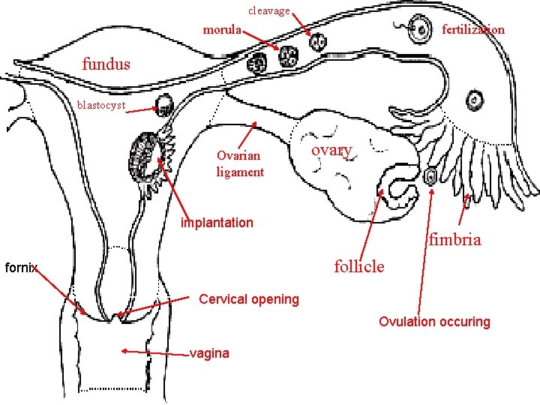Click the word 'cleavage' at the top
(268, 10)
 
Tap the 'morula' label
(222, 31)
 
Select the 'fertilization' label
(473, 30)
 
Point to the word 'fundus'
(106, 64)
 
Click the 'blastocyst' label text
(100, 105)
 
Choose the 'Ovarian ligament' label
(239, 163)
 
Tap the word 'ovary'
(331, 150)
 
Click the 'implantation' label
(217, 222)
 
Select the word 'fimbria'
(454, 240)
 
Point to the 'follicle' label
(359, 265)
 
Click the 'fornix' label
(21, 267)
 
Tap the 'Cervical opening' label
(248, 299)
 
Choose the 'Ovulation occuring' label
(434, 322)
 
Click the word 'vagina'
(210, 353)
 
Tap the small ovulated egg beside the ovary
(431, 177)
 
